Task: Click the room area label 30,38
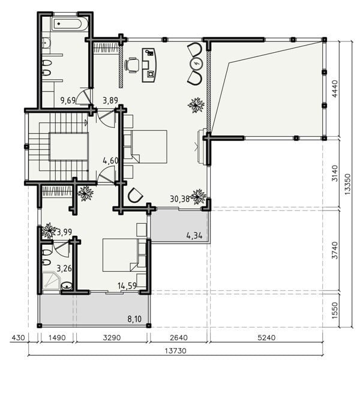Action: (x=180, y=199)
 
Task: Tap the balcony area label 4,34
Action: (x=194, y=236)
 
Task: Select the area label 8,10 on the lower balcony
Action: (x=134, y=319)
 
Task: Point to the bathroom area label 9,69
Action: (x=68, y=100)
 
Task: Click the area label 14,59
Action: (x=127, y=286)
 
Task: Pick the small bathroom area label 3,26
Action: (x=64, y=269)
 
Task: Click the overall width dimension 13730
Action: (x=175, y=350)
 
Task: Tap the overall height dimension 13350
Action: (x=348, y=184)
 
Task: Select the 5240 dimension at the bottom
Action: (x=266, y=338)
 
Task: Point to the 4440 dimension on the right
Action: (x=335, y=88)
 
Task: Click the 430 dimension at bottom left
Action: (x=19, y=338)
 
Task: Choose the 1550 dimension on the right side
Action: (x=335, y=311)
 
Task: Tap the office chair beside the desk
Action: (x=131, y=65)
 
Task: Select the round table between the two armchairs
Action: (x=196, y=64)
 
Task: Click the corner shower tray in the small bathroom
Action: (x=51, y=281)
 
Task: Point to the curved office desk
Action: (x=149, y=65)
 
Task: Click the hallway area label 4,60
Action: (x=110, y=160)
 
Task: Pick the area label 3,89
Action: (x=110, y=100)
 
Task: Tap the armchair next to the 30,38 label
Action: (x=135, y=195)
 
